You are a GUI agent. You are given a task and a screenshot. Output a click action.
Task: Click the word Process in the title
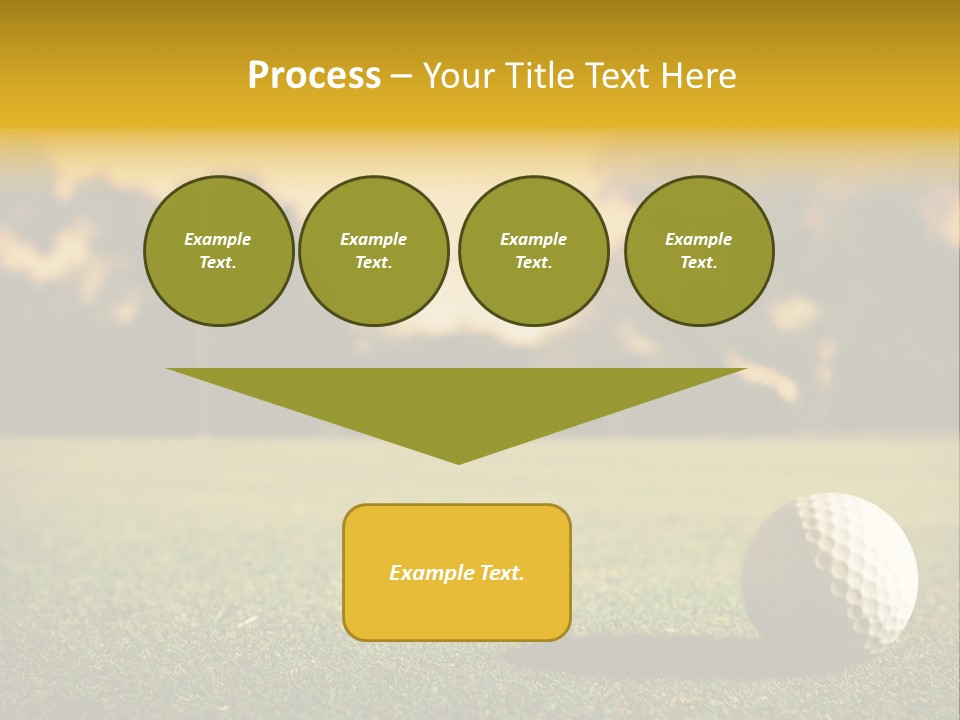314,76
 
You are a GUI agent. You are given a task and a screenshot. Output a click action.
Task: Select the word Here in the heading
696,76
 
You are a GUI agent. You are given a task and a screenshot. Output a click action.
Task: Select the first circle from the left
218,251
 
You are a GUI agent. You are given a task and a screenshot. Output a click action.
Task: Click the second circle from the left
374,251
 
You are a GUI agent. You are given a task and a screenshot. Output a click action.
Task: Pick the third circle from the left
533,251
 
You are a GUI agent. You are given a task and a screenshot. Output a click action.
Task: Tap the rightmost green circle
699,251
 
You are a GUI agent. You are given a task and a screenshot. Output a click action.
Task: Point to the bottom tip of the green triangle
459,462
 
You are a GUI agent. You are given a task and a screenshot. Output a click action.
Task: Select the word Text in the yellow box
501,573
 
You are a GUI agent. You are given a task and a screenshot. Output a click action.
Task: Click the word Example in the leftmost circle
218,239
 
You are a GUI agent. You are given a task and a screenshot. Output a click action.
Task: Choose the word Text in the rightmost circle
698,263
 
